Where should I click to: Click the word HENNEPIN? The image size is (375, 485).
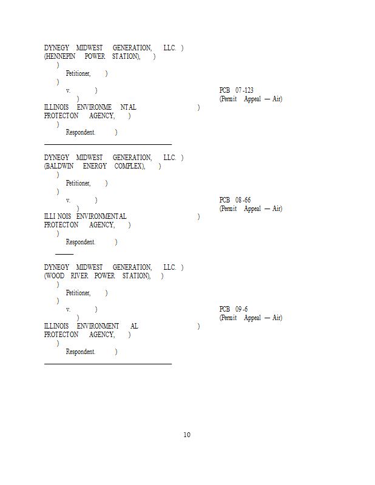pyautogui.click(x=61, y=56)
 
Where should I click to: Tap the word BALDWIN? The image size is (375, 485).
pyautogui.click(x=61, y=166)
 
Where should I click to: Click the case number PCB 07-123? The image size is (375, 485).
pyautogui.click(x=237, y=90)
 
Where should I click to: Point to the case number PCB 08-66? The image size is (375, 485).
pyautogui.click(x=235, y=200)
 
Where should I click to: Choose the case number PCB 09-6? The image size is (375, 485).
pyautogui.click(x=234, y=309)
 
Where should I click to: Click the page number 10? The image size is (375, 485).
pyautogui.click(x=187, y=435)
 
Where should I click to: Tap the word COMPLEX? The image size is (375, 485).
pyautogui.click(x=130, y=166)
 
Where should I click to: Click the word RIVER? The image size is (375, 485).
pyautogui.click(x=79, y=276)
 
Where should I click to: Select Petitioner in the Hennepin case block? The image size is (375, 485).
pyautogui.click(x=78, y=73)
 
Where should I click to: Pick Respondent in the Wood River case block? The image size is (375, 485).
pyautogui.click(x=81, y=352)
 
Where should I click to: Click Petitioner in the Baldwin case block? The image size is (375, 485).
pyautogui.click(x=78, y=183)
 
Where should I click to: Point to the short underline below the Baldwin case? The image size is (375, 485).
pyautogui.click(x=64, y=254)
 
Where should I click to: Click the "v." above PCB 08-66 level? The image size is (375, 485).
pyautogui.click(x=69, y=200)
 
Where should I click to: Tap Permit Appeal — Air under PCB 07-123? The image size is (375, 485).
pyautogui.click(x=251, y=99)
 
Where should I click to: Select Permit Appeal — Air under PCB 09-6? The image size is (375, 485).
pyautogui.click(x=251, y=318)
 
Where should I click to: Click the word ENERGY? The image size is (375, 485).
pyautogui.click(x=95, y=166)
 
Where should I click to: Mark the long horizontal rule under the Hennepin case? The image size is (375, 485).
pyautogui.click(x=108, y=144)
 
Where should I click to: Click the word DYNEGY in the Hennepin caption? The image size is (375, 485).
pyautogui.click(x=56, y=48)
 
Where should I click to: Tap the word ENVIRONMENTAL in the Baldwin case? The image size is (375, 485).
pyautogui.click(x=101, y=216)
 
